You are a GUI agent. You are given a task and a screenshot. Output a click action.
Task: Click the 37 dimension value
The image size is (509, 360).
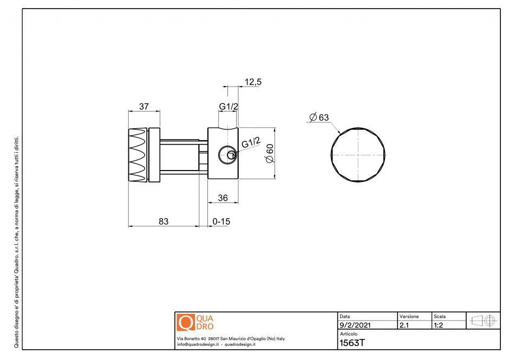click(144, 106)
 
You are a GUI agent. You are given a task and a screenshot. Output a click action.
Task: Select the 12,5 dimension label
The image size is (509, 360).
click(253, 82)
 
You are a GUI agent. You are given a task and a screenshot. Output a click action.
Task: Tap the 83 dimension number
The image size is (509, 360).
click(164, 221)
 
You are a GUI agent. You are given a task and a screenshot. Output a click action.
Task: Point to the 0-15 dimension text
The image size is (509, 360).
click(222, 221)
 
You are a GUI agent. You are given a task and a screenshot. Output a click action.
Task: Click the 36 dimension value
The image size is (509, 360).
click(223, 198)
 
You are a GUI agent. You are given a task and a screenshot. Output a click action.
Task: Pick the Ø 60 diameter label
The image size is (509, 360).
click(269, 153)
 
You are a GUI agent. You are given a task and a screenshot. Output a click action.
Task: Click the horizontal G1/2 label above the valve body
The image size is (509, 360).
click(228, 107)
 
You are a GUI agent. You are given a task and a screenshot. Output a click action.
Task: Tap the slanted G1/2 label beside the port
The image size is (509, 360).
click(251, 143)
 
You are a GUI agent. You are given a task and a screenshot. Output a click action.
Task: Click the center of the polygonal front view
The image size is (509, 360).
click(359, 155)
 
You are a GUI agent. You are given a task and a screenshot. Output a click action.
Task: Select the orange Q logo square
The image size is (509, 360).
click(185, 322)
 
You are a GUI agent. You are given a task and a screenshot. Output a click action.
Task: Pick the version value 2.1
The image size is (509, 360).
click(404, 326)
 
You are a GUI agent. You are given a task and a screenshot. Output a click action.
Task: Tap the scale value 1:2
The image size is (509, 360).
click(439, 326)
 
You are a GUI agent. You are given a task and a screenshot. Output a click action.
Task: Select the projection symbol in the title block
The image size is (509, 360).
click(484, 320)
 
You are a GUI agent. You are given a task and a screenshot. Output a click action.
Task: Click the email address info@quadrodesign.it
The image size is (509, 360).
click(198, 344)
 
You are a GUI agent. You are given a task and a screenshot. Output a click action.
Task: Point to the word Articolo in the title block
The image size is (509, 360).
click(348, 334)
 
